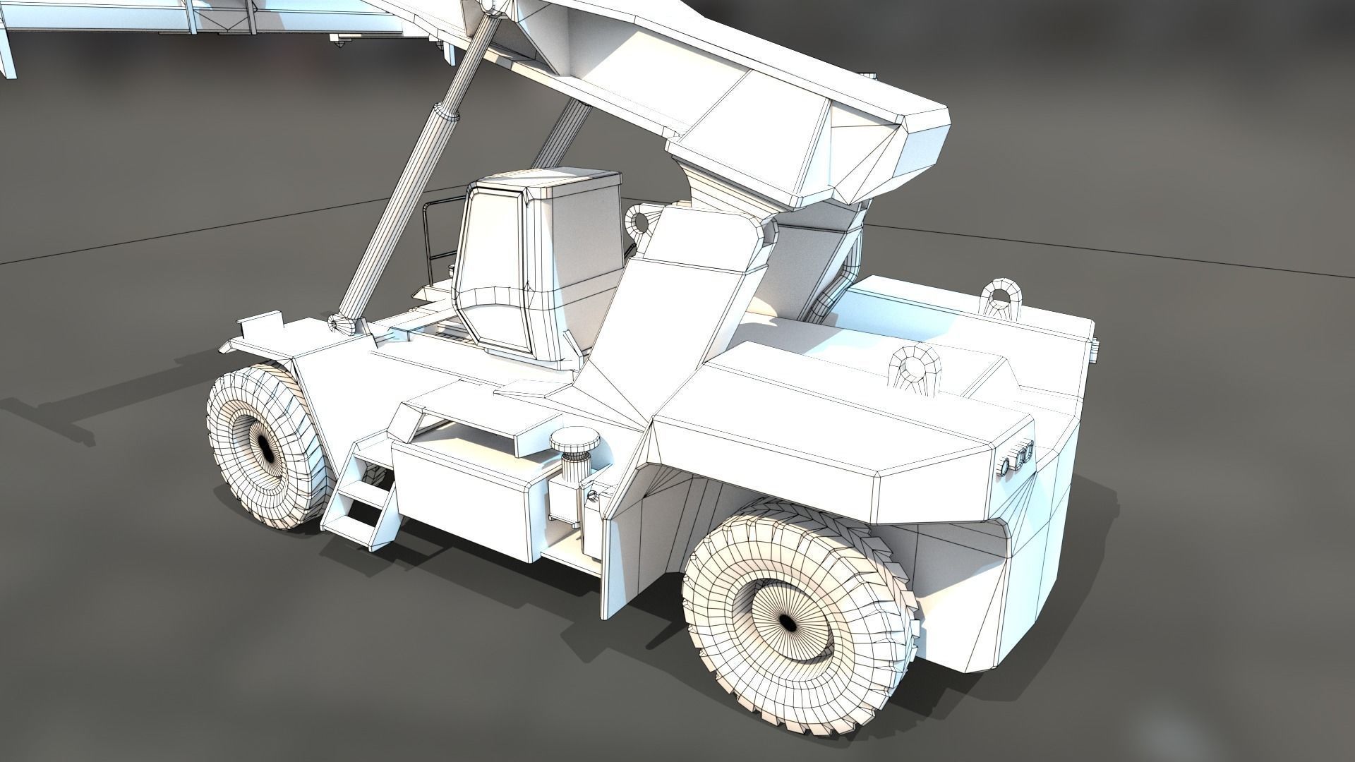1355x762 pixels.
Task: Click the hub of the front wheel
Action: point(265,446)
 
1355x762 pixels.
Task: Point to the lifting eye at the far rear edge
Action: point(999,296)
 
